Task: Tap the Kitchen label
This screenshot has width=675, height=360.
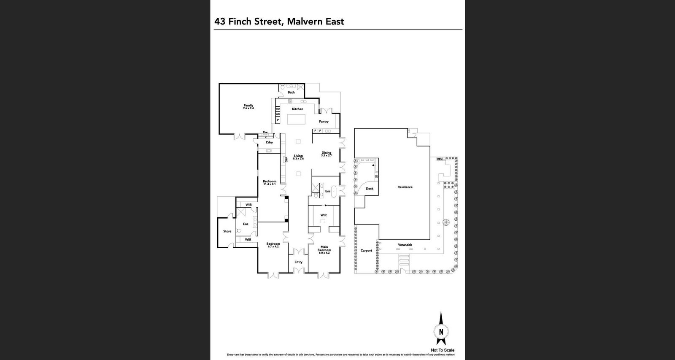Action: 297,109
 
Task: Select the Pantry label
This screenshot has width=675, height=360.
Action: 324,122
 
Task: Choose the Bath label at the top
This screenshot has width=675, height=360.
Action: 291,92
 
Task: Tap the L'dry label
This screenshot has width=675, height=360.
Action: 269,142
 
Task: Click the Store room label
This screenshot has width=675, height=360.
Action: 227,231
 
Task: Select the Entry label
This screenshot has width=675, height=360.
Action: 298,262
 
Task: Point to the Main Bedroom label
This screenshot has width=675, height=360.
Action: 324,249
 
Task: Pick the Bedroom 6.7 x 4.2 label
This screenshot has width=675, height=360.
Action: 273,244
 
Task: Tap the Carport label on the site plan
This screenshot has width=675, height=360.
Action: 366,251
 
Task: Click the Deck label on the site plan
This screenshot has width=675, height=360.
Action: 370,189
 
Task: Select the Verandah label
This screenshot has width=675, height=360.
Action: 405,245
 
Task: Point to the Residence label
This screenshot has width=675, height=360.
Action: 405,187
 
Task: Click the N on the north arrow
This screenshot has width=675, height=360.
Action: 441,332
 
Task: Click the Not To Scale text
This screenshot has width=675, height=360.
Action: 443,350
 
